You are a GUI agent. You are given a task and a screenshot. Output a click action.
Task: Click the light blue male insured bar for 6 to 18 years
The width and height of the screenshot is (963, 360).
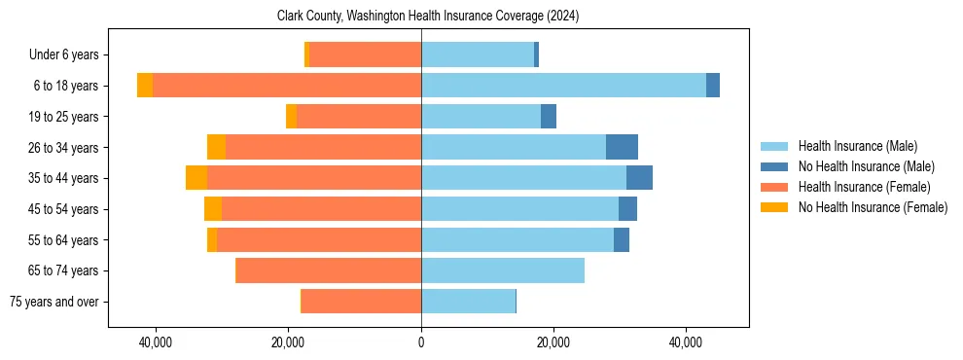(563, 86)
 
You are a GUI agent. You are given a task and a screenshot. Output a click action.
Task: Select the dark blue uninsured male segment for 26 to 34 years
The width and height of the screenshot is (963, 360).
(622, 147)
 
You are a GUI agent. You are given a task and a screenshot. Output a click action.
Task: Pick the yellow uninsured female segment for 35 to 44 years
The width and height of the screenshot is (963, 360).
(196, 178)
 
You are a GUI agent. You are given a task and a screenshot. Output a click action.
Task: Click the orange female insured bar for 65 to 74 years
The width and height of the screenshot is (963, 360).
(329, 270)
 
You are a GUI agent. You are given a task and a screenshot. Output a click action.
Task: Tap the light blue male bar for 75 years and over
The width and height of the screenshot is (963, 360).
(468, 302)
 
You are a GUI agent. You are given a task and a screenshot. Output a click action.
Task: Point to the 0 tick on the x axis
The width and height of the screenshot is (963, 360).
(421, 342)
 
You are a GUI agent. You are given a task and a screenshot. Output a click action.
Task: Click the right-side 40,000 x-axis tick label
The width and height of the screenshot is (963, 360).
(686, 342)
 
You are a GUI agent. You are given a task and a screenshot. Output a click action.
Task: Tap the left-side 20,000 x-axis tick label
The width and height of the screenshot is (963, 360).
(288, 342)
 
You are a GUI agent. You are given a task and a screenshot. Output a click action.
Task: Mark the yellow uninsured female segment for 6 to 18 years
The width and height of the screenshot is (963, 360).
(145, 86)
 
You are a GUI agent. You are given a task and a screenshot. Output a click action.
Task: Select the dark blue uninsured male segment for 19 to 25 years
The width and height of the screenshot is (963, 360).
(549, 117)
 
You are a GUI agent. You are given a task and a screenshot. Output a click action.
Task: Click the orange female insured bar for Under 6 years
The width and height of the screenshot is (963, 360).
(365, 55)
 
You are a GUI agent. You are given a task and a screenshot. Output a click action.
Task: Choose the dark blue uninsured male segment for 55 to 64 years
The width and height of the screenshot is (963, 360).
(622, 239)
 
